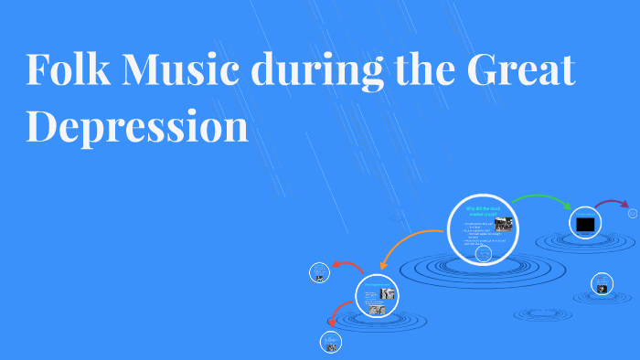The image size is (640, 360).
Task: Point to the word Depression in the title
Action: click(x=137, y=125)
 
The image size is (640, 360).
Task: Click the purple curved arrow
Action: click(x=612, y=203)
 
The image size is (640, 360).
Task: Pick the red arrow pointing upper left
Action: click(x=347, y=266)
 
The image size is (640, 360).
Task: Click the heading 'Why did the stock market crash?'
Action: click(x=482, y=212)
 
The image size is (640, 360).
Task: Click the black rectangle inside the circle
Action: click(x=585, y=224)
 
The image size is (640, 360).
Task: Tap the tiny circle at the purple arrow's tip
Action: click(x=634, y=213)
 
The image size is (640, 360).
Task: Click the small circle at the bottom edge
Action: click(x=331, y=344)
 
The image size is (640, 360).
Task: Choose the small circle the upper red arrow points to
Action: click(x=319, y=271)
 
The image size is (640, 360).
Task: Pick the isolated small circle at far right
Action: click(x=602, y=283)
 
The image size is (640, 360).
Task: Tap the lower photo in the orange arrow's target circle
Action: click(x=377, y=310)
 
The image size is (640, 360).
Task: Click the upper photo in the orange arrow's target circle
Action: click(x=389, y=293)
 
